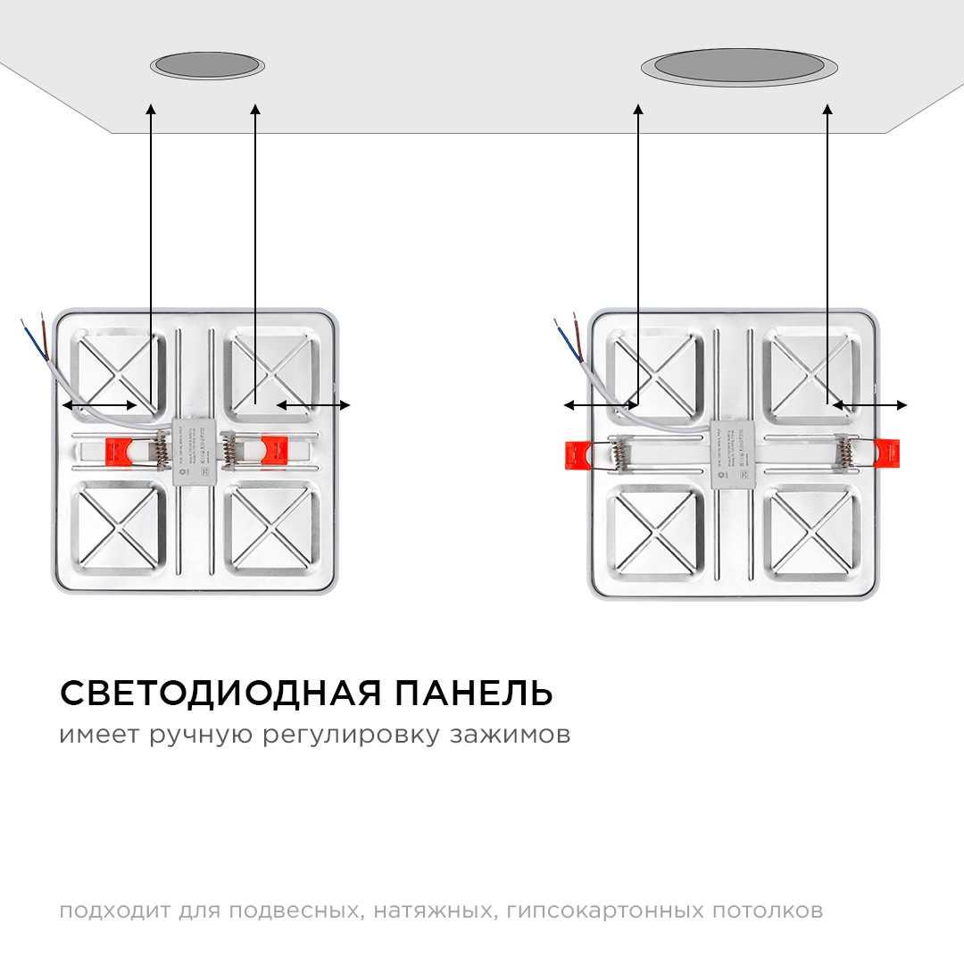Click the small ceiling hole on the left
[207, 65]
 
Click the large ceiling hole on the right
[738, 67]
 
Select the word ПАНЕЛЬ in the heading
[474, 693]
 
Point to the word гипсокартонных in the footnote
[604, 911]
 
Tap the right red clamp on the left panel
[273, 450]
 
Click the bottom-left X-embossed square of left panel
[118, 527]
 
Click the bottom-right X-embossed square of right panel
[811, 532]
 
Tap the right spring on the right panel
[842, 453]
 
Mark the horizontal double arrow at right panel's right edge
[869, 405]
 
